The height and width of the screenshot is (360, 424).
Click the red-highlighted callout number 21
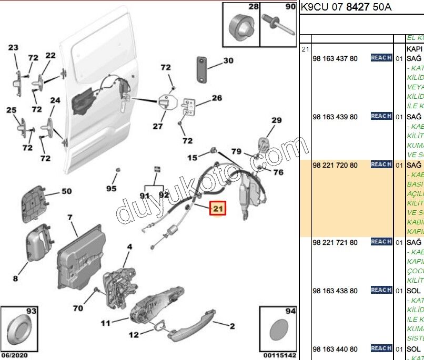click(218, 209)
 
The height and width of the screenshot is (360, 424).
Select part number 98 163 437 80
click(335, 58)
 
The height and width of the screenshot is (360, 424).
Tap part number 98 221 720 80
click(335, 165)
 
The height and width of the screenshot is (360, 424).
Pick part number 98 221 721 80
click(335, 242)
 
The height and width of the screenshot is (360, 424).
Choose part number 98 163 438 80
click(335, 291)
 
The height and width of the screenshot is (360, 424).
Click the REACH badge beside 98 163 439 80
click(381, 116)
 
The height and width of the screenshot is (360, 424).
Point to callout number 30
click(228, 61)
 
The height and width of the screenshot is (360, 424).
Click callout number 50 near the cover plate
click(66, 191)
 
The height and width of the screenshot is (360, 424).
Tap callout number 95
click(111, 189)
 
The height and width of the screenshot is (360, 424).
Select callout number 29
click(277, 120)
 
